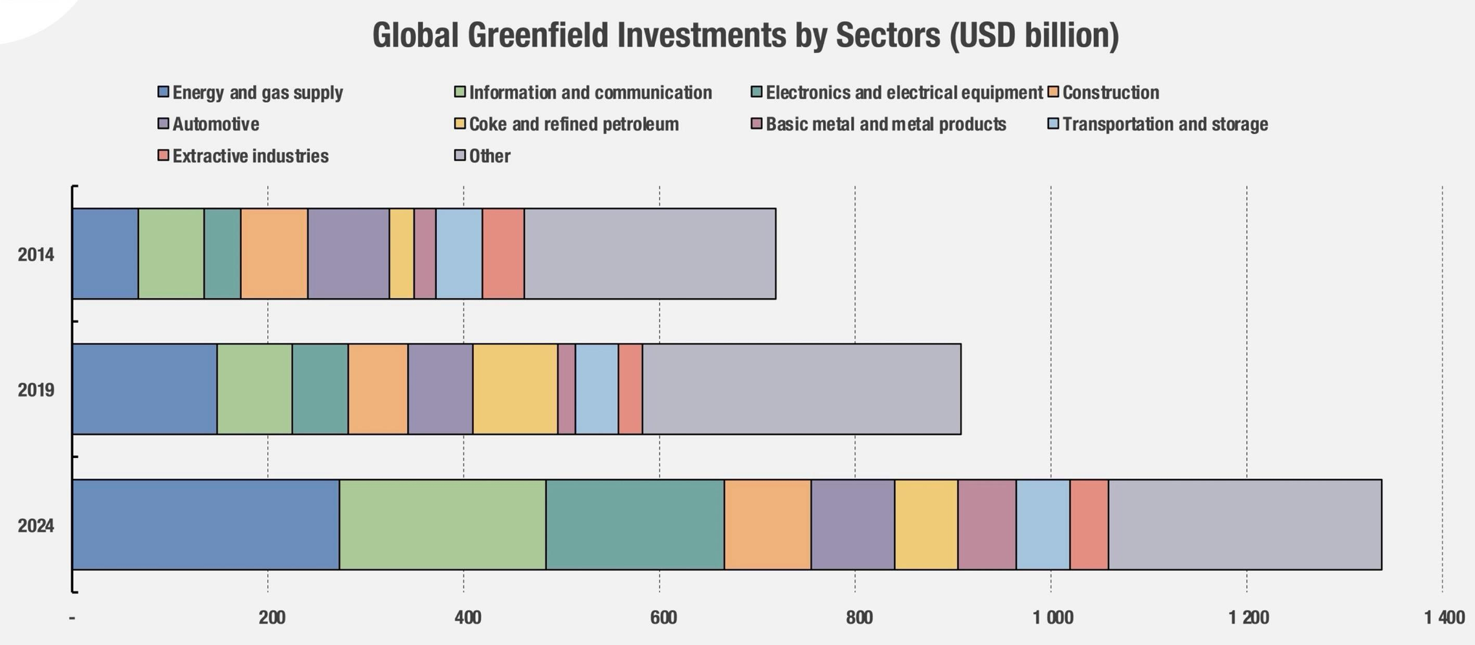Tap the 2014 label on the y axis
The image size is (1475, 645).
click(36, 255)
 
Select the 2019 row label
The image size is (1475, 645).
click(36, 390)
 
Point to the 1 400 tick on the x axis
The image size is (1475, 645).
click(1444, 618)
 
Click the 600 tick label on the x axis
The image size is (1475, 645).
click(663, 618)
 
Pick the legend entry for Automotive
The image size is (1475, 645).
click(216, 124)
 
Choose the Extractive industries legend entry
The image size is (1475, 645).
click(250, 157)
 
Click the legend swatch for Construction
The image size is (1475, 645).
click(1053, 92)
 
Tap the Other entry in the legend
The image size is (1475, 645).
click(489, 157)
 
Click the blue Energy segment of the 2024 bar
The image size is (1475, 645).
click(206, 525)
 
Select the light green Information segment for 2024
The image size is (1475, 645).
click(442, 525)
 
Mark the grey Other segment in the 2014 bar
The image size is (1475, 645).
click(650, 254)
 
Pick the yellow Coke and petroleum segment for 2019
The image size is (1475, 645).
click(515, 389)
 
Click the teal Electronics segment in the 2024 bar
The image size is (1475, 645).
click(635, 525)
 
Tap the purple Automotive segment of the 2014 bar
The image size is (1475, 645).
click(348, 254)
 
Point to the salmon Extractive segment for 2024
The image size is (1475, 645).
click(1089, 525)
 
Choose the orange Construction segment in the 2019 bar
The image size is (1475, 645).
click(378, 389)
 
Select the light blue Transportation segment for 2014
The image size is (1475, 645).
click(459, 254)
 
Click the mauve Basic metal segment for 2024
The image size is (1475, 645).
click(987, 525)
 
